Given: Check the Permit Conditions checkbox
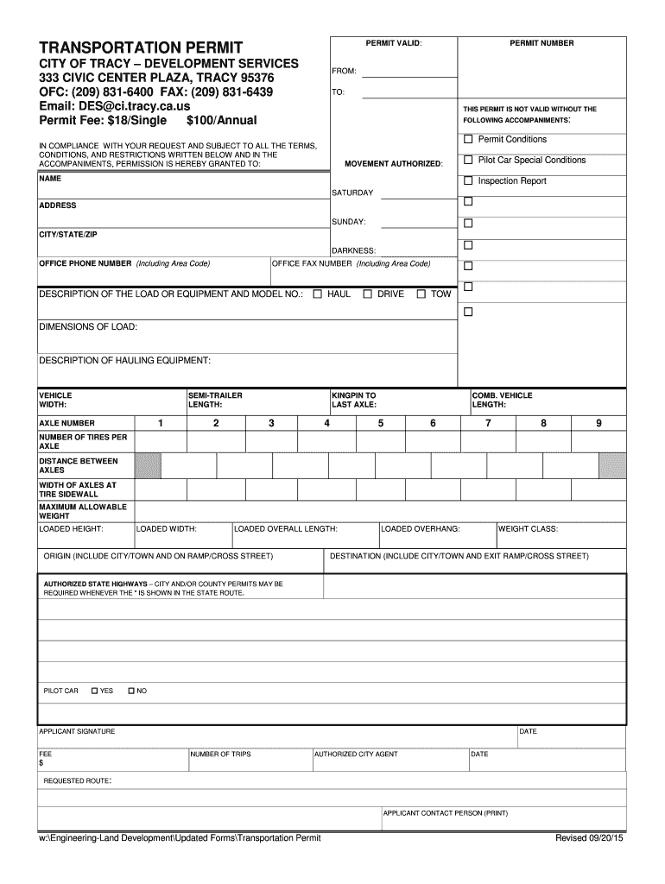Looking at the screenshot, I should pos(469,140).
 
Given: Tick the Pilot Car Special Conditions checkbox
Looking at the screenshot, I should pos(469,161).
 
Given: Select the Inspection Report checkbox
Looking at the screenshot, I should pos(469,181).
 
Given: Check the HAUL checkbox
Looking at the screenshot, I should pos(317,294).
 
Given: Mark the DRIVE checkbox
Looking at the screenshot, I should pos(367,294).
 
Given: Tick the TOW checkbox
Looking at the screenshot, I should pos(421,294).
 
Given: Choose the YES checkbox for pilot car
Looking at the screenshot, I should pos(94,691).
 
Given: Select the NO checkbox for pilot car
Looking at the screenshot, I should pos(131,691).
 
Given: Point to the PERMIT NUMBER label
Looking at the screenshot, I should pos(541,43).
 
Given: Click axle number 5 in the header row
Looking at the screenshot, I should pos(380,423).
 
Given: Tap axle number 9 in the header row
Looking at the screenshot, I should pos(598,423).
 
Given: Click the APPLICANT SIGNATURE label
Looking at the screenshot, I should pos(77,731).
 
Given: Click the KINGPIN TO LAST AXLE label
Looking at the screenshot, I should pos(354,400).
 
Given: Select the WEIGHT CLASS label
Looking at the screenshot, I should pos(528,528).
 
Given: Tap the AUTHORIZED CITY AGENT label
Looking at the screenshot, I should pos(356,754).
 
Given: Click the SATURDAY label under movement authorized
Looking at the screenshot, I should pos(352,193).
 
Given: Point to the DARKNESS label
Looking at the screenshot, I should pos(353,250).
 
